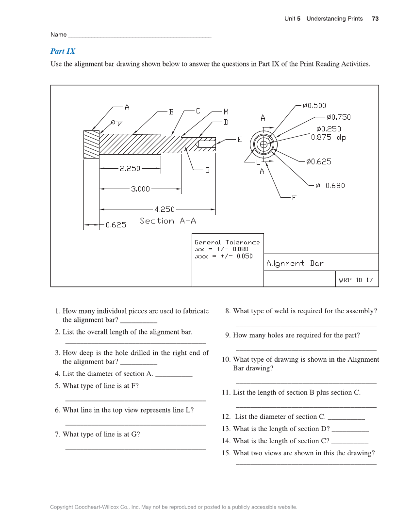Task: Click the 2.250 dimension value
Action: [130, 169]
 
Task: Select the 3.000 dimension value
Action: [140, 189]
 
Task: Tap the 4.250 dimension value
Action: [164, 209]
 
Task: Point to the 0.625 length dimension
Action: [116, 225]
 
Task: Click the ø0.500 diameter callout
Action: [314, 105]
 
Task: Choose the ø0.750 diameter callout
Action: [338, 117]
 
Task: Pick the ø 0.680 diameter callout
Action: [330, 185]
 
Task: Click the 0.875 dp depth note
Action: [329, 137]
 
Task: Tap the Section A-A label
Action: [168, 221]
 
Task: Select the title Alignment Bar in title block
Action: [295, 263]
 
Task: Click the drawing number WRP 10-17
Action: [356, 280]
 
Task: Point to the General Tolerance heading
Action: [227, 242]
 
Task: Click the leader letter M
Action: [226, 112]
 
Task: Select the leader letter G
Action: [207, 171]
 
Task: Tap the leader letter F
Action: [294, 198]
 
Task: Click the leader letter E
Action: [239, 140]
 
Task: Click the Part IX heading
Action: [63, 51]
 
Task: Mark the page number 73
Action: [375, 19]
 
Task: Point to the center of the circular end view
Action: [264, 144]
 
